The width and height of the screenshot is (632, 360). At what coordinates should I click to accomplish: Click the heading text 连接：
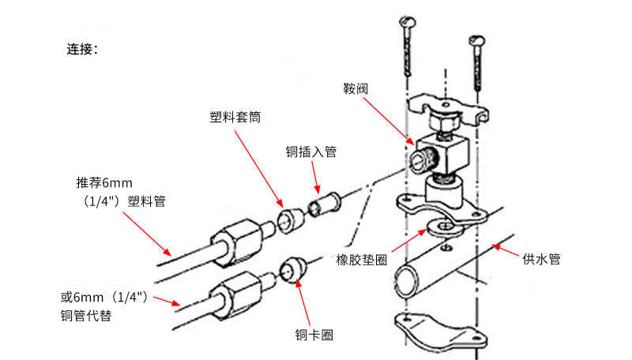[82, 49]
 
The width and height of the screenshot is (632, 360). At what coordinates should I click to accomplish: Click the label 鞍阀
[355, 89]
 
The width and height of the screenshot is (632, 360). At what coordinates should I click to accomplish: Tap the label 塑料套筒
[235, 117]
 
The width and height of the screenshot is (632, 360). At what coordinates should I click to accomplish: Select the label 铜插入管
[310, 152]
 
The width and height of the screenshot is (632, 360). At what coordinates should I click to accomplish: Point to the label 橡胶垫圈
[361, 260]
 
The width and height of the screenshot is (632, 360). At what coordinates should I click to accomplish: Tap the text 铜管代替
[86, 317]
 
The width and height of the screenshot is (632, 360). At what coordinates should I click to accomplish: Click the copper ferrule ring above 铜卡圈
[295, 267]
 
